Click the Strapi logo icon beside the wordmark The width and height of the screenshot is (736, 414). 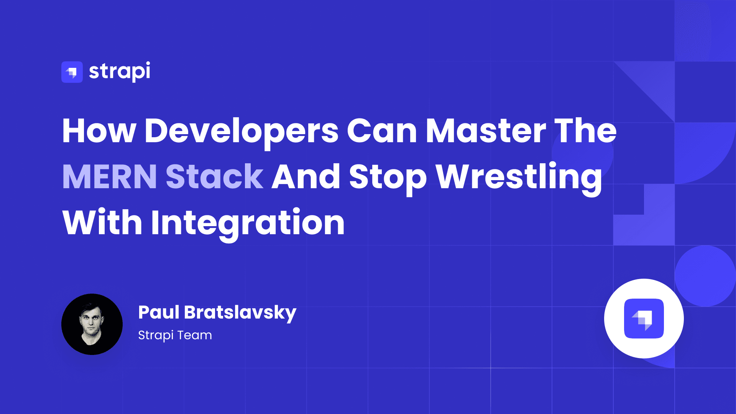pyautogui.click(x=72, y=72)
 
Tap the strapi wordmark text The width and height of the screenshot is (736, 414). pyautogui.click(x=120, y=71)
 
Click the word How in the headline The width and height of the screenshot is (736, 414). pyautogui.click(x=99, y=131)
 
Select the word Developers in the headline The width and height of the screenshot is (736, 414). pyautogui.click(x=242, y=131)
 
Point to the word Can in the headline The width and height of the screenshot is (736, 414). pyautogui.click(x=382, y=131)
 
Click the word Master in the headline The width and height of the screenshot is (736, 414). pyautogui.click(x=486, y=131)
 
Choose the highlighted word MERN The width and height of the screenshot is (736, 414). pyautogui.click(x=110, y=177)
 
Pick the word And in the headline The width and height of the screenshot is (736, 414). pyautogui.click(x=306, y=177)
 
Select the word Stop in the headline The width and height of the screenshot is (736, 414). pyautogui.click(x=388, y=177)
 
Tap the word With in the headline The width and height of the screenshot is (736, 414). pyautogui.click(x=102, y=223)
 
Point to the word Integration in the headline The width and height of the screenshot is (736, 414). pyautogui.click(x=248, y=223)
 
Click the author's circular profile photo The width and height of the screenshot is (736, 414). pyautogui.click(x=92, y=324)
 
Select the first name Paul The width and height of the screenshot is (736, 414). pyautogui.click(x=159, y=312)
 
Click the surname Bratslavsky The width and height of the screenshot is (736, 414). pyautogui.click(x=240, y=313)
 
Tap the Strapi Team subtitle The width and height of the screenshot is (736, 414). pyautogui.click(x=175, y=335)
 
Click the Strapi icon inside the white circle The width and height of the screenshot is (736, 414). pyautogui.click(x=644, y=319)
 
